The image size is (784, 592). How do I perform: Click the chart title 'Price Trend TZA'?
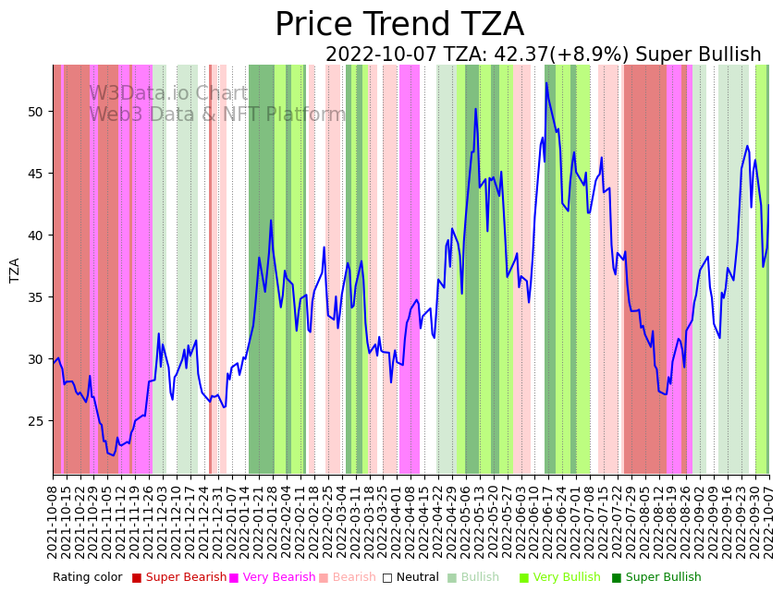tap(399, 25)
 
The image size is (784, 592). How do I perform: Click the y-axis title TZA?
tap(15, 270)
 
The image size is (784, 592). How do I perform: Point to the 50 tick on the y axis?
tap(37, 112)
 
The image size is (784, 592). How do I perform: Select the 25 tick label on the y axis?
tap(37, 421)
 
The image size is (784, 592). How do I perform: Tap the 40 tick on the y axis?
tap(37, 236)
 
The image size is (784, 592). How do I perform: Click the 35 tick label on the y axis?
tap(37, 297)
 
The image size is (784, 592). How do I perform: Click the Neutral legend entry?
tap(409, 578)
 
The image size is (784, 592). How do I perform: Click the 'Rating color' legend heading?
tap(87, 578)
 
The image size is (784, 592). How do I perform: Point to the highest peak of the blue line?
tap(546, 83)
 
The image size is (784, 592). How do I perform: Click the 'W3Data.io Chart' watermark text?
tap(168, 94)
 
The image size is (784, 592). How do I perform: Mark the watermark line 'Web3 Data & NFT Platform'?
tap(217, 115)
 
